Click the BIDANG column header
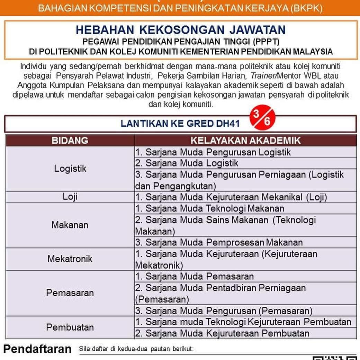pyautogui.click(x=70, y=141)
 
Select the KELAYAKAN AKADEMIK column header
pyautogui.click(x=245, y=141)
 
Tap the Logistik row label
pyautogui.click(x=70, y=169)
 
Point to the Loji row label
pyautogui.click(x=70, y=197)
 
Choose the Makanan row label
pyautogui.click(x=70, y=225)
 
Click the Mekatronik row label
pyautogui.click(x=70, y=259)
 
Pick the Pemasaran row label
pyautogui.click(x=70, y=293)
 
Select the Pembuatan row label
pyautogui.click(x=70, y=327)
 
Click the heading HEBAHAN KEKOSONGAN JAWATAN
pyautogui.click(x=180, y=30)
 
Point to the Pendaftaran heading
pyautogui.click(x=37, y=349)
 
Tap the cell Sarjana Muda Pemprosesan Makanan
pyautogui.click(x=219, y=242)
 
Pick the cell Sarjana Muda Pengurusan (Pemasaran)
pyautogui.click(x=224, y=310)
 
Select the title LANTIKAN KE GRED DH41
pyautogui.click(x=180, y=124)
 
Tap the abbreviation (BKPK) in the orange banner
pyautogui.click(x=306, y=8)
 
